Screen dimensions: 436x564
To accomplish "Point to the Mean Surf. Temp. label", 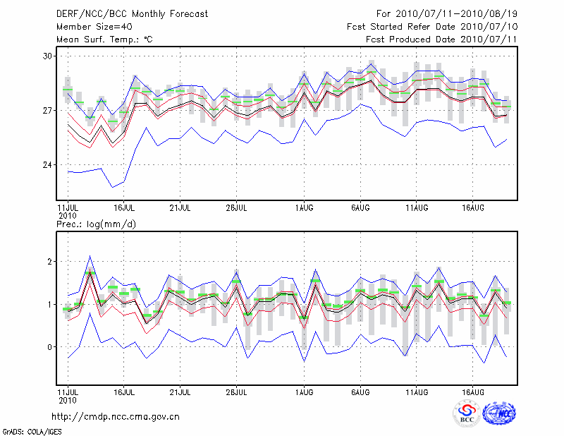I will (x=104, y=39).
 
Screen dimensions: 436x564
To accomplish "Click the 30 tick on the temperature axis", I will (x=47, y=56).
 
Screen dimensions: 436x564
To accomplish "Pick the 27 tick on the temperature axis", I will (x=47, y=111).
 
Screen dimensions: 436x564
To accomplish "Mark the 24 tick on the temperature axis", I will (x=47, y=165).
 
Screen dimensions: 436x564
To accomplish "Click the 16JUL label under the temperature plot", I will (x=124, y=208).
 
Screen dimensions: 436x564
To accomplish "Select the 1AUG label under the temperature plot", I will (x=305, y=208).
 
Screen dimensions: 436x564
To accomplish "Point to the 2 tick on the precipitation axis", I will (x=50, y=262).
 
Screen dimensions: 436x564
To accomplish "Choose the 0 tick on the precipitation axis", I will (x=50, y=347).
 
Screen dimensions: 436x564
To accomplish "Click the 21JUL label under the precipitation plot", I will (x=180, y=390).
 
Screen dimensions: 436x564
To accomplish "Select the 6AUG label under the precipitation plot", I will (x=361, y=390).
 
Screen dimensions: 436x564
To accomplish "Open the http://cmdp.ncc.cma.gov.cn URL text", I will (x=116, y=416).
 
